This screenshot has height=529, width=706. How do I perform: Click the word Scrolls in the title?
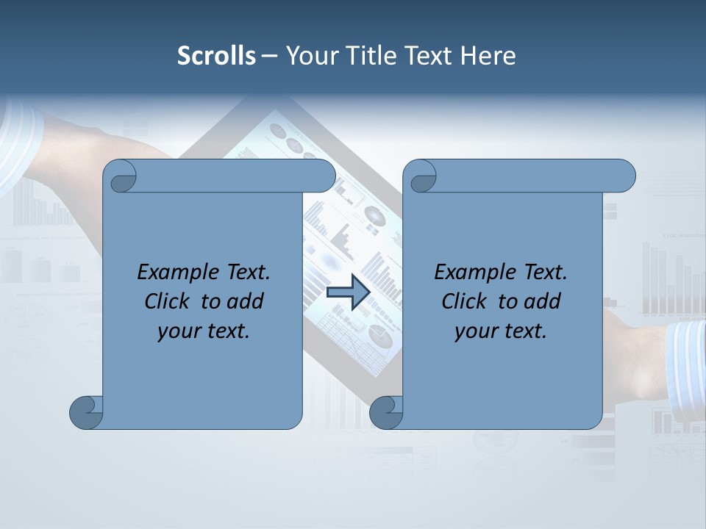(216, 56)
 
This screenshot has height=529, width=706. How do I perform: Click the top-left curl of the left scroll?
(119, 176)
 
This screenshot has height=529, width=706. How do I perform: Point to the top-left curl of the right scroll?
(420, 176)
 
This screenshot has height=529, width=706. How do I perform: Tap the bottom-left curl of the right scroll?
(387, 412)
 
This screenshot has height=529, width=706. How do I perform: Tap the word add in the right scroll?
(541, 301)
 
